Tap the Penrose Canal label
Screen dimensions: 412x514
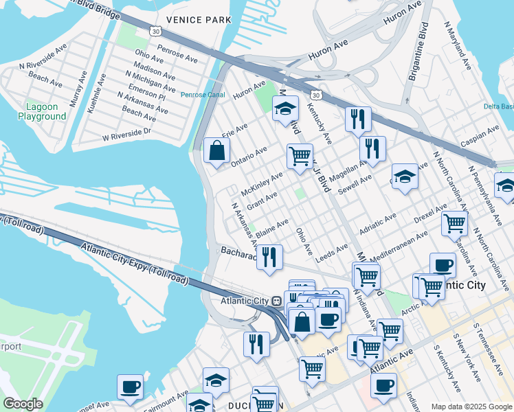(x=203, y=95)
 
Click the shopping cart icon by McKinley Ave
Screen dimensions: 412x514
(x=300, y=157)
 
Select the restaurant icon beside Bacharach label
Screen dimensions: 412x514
(x=269, y=257)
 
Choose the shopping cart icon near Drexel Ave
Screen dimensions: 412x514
(x=454, y=223)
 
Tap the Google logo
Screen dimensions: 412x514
(x=23, y=404)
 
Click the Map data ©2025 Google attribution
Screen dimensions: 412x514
(x=471, y=407)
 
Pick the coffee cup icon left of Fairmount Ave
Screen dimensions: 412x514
(x=130, y=387)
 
